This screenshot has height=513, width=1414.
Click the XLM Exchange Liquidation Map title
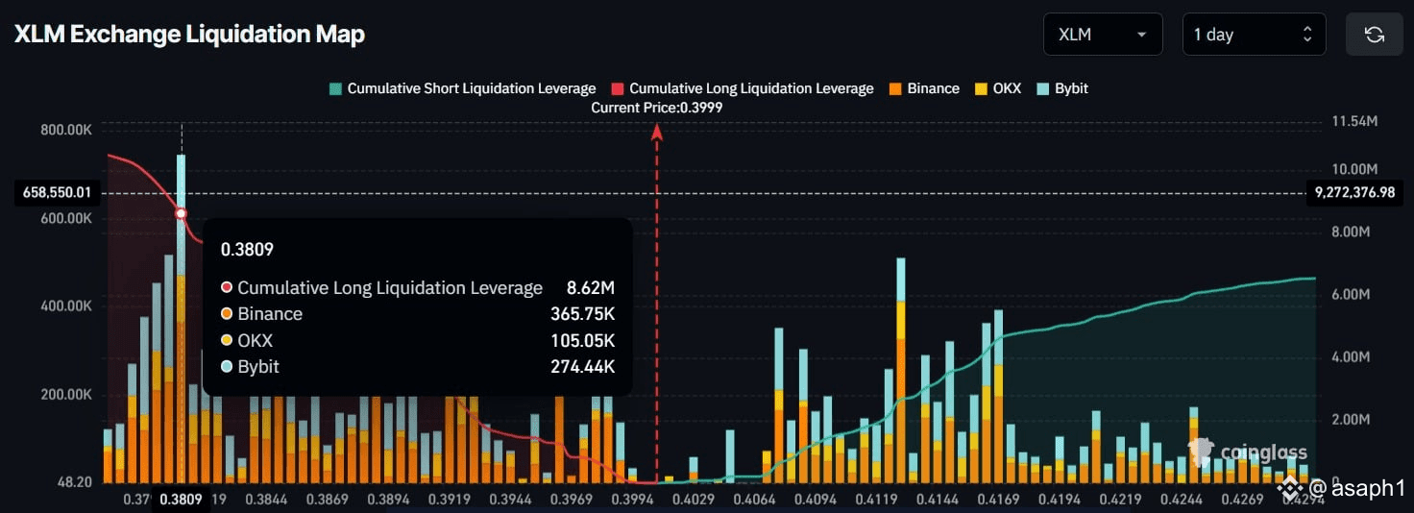tap(189, 35)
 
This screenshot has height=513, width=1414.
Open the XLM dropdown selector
tap(1102, 35)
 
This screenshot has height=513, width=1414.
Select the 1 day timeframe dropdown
tap(1253, 35)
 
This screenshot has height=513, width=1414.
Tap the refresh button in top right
tap(1375, 35)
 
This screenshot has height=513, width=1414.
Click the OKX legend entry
tap(998, 88)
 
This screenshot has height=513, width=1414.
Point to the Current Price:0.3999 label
tap(657, 108)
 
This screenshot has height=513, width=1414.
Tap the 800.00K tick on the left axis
tap(66, 130)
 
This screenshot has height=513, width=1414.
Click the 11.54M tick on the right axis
tap(1355, 122)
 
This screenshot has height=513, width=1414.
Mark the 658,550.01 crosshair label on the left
tap(57, 193)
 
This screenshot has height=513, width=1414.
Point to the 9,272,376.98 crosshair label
tap(1356, 193)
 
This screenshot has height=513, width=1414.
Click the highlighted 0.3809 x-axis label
tap(180, 500)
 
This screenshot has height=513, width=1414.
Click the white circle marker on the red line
tap(181, 213)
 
